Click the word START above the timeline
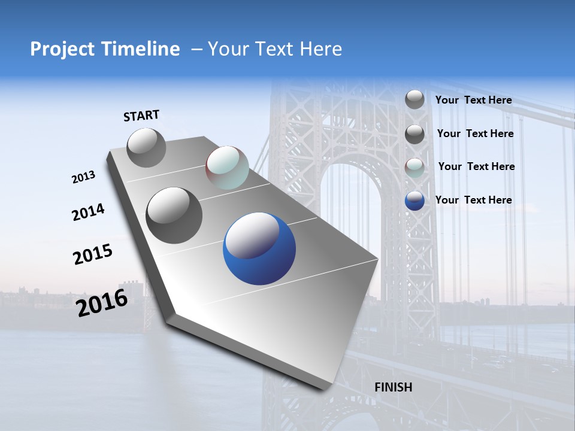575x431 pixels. click(141, 116)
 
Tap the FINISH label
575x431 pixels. click(393, 387)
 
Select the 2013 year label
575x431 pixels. click(83, 177)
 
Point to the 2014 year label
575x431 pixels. click(88, 213)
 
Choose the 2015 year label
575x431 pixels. click(92, 254)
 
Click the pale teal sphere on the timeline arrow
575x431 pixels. click(227, 168)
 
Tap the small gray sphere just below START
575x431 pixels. click(146, 147)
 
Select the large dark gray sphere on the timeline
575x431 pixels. click(174, 215)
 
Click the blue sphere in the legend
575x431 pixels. click(414, 201)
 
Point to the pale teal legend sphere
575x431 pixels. click(414, 168)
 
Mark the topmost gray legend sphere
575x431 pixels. click(414, 99)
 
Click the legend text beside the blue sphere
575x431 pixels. click(473, 200)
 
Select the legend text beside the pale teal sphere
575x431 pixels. click(476, 166)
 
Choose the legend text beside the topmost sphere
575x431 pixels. click(473, 100)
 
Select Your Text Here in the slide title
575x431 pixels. click(274, 49)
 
